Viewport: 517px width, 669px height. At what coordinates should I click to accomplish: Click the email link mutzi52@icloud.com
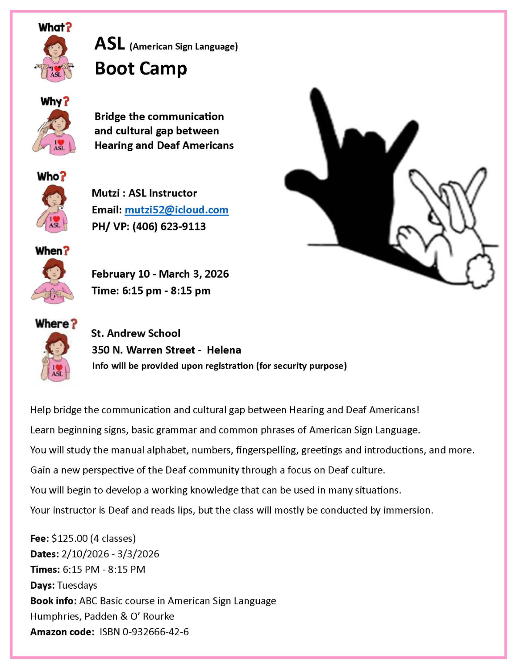click(176, 210)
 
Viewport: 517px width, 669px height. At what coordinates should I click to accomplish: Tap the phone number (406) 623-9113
click(169, 226)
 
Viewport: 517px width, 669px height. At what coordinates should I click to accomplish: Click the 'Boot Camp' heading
click(141, 69)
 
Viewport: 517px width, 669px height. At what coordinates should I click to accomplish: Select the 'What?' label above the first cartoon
click(54, 27)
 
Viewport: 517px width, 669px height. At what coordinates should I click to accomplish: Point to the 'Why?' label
click(55, 102)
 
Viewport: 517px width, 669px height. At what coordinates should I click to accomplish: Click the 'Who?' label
click(51, 176)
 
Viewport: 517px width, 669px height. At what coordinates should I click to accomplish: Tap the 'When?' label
click(52, 251)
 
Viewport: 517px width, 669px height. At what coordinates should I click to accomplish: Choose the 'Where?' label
click(56, 324)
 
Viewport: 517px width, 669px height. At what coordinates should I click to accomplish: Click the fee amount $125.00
click(70, 538)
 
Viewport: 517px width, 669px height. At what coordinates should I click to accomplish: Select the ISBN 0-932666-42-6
click(144, 632)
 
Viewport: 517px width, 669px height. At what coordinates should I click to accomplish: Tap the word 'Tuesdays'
click(77, 585)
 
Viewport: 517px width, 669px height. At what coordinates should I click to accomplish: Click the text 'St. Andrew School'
click(136, 333)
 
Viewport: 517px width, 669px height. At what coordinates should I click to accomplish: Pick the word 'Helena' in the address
click(224, 350)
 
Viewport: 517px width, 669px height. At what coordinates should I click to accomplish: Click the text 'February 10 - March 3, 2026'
click(160, 274)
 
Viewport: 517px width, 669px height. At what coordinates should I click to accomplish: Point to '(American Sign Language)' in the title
click(183, 46)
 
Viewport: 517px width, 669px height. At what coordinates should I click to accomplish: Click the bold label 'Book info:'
click(53, 601)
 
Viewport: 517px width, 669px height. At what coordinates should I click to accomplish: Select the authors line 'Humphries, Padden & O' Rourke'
click(102, 616)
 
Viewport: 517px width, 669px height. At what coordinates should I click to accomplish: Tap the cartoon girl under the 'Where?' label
click(56, 357)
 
